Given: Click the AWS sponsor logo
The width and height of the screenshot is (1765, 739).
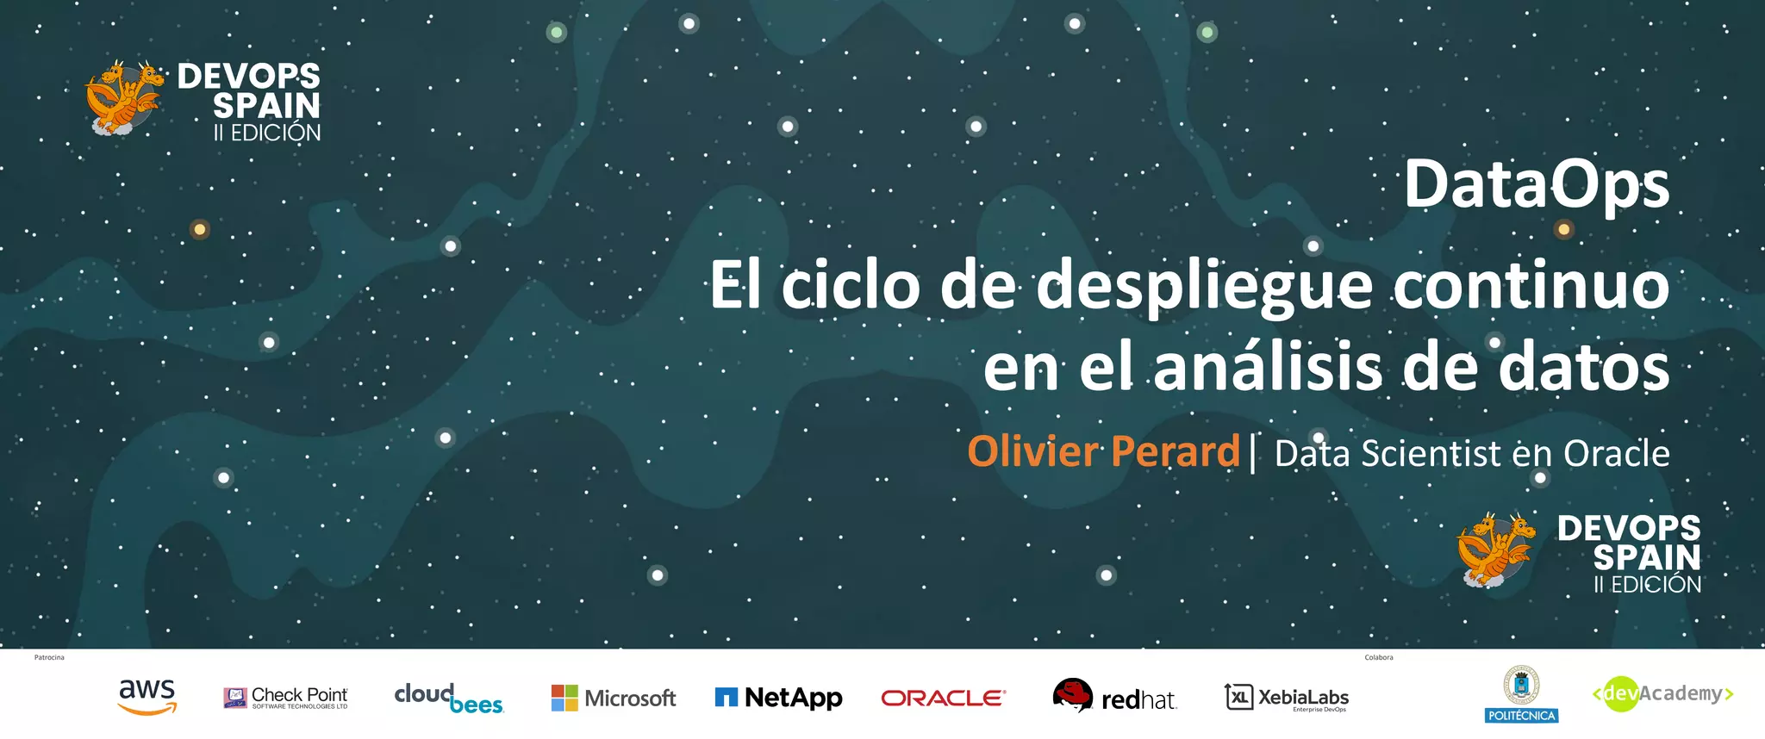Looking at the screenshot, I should click(147, 697).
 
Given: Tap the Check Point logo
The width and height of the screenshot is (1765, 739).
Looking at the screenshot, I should click(286, 698).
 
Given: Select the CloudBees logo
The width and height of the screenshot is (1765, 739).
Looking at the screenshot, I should click(448, 699).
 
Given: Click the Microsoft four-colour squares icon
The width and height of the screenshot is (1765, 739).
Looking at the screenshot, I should click(564, 698).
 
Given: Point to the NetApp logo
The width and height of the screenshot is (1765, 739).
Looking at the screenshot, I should click(778, 698).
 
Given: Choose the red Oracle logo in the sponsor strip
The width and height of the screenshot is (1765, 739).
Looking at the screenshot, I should click(943, 698).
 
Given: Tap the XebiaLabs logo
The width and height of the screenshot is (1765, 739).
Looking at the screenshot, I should click(1287, 698).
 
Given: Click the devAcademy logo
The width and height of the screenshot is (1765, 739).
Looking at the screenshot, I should click(1662, 694).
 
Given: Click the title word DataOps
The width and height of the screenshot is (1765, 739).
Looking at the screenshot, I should click(1537, 185).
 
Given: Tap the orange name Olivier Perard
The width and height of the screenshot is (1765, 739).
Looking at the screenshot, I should click(1103, 451).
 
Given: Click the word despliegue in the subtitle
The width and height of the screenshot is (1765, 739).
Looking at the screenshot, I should click(1204, 287).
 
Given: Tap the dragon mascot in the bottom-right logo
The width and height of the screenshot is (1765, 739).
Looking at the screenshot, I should click(1495, 549).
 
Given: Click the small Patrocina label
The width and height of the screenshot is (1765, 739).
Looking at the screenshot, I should click(49, 658).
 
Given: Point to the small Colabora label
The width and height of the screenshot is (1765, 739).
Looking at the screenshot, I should click(1379, 658).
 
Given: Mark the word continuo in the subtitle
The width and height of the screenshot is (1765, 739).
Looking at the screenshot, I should click(1531, 287).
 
